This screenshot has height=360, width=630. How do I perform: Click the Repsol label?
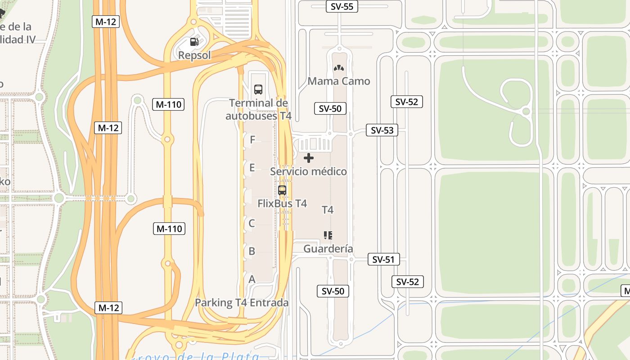click(194, 55)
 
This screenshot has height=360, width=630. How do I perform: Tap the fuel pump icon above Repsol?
click(194, 42)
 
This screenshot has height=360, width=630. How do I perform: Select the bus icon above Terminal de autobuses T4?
click(258, 89)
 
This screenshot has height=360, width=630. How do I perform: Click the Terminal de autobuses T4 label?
click(258, 109)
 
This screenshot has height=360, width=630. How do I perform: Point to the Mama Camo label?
click(339, 81)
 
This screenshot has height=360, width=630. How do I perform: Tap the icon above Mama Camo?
click(338, 68)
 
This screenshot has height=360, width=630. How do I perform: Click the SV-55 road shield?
click(342, 6)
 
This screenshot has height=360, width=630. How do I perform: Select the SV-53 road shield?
click(382, 130)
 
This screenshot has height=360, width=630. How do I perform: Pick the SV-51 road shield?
click(383, 260)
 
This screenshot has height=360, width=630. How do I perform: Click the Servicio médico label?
click(308, 171)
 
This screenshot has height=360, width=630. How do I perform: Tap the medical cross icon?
click(309, 158)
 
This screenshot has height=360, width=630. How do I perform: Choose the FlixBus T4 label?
click(282, 203)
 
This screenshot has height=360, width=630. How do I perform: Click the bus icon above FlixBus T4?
click(282, 190)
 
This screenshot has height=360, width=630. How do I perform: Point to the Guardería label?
click(328, 249)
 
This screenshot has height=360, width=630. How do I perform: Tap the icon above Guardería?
click(328, 235)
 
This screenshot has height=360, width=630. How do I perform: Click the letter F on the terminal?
click(252, 140)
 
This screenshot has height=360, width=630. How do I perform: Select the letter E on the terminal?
click(252, 168)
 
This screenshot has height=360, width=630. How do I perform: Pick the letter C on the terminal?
click(252, 223)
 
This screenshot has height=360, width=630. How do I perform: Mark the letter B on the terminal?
click(252, 251)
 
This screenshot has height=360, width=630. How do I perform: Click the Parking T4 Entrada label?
click(242, 302)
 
